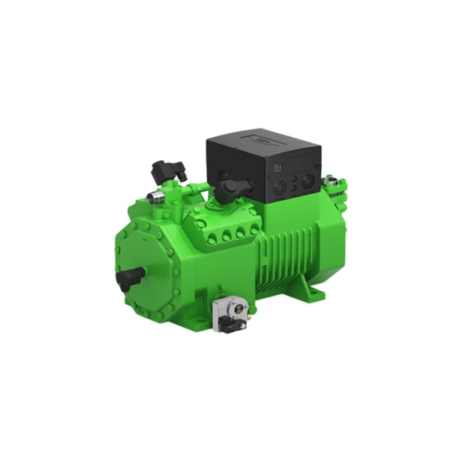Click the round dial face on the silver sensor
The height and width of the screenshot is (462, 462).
click(237, 306)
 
